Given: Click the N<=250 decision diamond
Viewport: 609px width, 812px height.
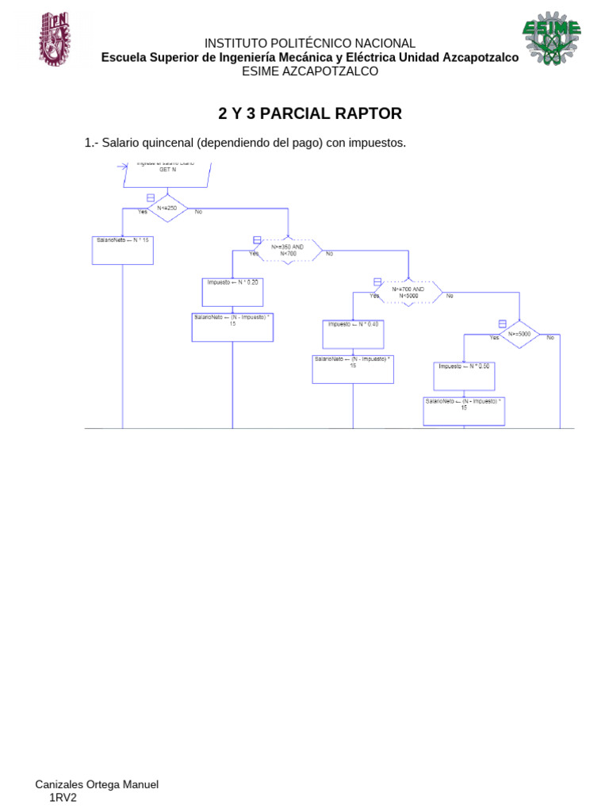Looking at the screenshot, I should pyautogui.click(x=167, y=209).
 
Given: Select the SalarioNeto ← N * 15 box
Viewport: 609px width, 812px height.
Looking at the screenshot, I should pyautogui.click(x=123, y=250).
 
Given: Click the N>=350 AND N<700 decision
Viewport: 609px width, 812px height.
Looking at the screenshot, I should pyautogui.click(x=288, y=250).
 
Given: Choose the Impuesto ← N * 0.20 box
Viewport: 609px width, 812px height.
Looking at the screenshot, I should pyautogui.click(x=232, y=291).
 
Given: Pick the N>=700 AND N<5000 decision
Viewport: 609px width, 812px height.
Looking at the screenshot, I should pyautogui.click(x=408, y=292).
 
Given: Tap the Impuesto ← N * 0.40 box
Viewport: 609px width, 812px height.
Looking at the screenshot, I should pyautogui.click(x=353, y=333).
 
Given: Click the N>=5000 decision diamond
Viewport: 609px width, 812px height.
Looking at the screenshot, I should pyautogui.click(x=520, y=334).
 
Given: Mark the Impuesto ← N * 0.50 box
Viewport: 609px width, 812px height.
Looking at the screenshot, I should pyautogui.click(x=465, y=375).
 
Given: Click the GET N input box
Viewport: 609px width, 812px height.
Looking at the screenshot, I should pyautogui.click(x=167, y=173).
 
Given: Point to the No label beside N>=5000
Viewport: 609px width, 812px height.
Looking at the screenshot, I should pyautogui.click(x=550, y=338).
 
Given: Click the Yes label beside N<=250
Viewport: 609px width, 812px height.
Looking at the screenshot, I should pyautogui.click(x=142, y=212).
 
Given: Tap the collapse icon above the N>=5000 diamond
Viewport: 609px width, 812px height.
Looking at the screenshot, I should pyautogui.click(x=502, y=323).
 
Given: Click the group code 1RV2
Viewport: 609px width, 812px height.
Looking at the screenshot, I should pyautogui.click(x=63, y=798).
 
